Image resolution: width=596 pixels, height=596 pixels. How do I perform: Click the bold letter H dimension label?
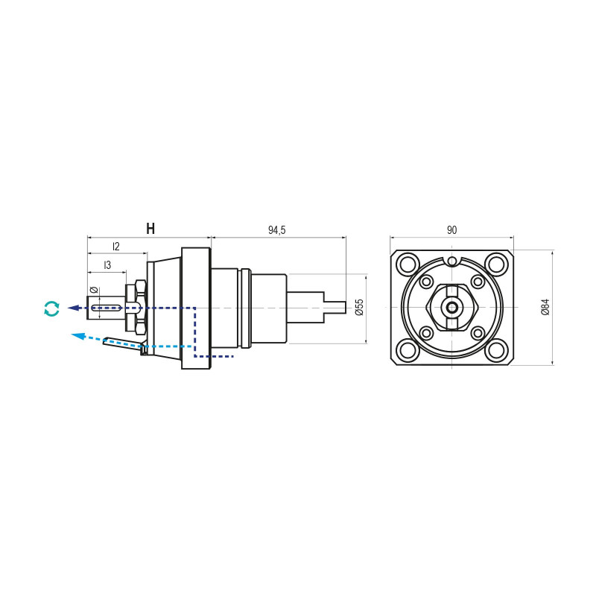(x=150, y=229)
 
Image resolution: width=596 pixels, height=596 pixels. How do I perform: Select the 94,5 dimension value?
(x=276, y=230)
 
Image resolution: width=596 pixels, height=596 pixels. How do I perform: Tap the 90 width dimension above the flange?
(x=451, y=230)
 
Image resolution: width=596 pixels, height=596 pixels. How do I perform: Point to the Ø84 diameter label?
(x=545, y=307)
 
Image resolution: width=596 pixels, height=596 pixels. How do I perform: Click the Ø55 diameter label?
(x=359, y=307)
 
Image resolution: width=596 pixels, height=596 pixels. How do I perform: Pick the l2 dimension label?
(x=116, y=247)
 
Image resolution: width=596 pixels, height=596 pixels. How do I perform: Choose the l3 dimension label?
(x=107, y=264)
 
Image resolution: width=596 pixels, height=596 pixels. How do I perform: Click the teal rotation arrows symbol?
(x=51, y=308)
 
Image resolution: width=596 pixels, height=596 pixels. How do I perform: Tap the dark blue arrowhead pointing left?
(x=73, y=308)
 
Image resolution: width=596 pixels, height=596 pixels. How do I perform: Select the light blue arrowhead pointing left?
(x=78, y=336)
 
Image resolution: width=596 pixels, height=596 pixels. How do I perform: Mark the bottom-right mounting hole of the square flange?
(x=496, y=351)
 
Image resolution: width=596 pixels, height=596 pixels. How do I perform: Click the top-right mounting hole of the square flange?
(x=496, y=263)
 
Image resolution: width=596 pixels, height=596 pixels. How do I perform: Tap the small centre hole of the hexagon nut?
(x=451, y=307)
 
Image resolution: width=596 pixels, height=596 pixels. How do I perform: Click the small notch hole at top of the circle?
(x=451, y=261)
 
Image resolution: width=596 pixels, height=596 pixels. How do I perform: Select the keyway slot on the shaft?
(x=107, y=307)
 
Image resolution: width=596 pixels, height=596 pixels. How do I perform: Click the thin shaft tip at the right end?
(x=335, y=307)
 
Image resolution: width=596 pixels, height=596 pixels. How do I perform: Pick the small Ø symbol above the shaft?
(x=95, y=290)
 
